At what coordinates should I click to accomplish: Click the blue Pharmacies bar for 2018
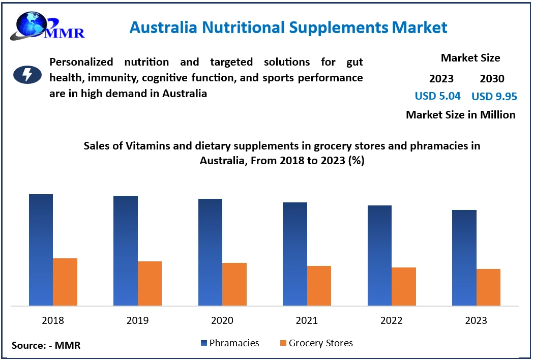(x=41, y=250)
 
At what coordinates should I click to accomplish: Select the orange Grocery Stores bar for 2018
(x=65, y=282)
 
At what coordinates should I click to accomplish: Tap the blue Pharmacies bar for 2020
(x=210, y=252)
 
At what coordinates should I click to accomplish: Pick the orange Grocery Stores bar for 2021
(x=319, y=286)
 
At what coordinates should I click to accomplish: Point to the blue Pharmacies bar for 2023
(x=464, y=258)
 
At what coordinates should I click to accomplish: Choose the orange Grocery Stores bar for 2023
(x=488, y=287)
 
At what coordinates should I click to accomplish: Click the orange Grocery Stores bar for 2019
(x=150, y=283)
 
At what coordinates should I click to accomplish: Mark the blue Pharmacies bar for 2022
(x=379, y=255)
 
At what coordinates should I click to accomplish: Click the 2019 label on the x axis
(x=137, y=320)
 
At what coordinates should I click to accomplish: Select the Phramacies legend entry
(x=230, y=343)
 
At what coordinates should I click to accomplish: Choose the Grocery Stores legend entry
(x=316, y=343)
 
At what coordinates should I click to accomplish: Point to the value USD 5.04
(x=438, y=96)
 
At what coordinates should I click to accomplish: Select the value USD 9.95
(x=494, y=97)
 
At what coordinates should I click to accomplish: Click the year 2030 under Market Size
(x=492, y=79)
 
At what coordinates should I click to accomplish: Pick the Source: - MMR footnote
(x=46, y=346)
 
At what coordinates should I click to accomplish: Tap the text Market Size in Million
(x=460, y=115)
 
